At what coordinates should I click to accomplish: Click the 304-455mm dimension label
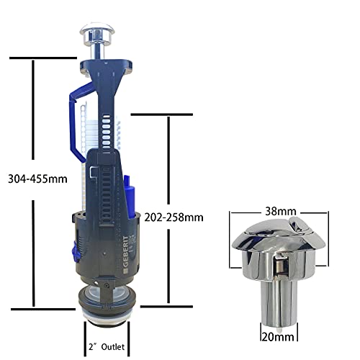(x=37, y=179)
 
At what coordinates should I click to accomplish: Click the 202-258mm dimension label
(x=174, y=217)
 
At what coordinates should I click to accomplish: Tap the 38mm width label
(x=281, y=211)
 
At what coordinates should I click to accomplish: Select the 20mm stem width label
(x=278, y=337)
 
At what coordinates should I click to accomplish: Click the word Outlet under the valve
(x=113, y=347)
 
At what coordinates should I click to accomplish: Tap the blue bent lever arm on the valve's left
(x=79, y=121)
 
